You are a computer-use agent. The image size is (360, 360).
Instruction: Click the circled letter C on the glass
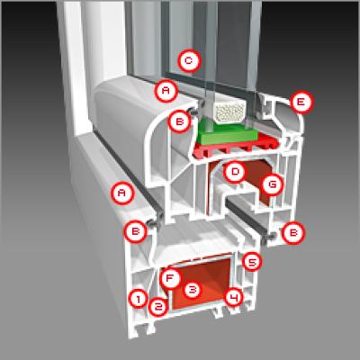188,61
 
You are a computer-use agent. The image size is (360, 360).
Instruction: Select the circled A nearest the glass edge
166,91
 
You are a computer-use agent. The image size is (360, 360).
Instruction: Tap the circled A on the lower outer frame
121,193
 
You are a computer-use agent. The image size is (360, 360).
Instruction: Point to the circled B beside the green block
179,121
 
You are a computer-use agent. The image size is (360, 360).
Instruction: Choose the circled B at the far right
293,233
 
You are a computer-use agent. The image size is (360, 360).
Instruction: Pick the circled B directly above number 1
136,231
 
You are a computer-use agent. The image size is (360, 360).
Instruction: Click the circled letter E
301,102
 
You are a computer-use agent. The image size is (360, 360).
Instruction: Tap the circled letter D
235,172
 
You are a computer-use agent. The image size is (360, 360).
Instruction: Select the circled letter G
272,184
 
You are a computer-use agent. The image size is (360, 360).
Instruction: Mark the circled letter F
170,278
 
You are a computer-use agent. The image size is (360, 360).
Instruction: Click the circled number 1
139,299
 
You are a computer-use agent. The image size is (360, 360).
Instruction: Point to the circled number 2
158,306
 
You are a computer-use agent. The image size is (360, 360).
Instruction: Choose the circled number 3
192,290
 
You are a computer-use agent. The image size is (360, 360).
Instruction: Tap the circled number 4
234,297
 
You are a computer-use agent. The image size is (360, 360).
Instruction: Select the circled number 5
251,262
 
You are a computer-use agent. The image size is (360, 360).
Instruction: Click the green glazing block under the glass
227,132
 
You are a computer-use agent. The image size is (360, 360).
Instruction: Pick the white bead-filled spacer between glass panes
229,111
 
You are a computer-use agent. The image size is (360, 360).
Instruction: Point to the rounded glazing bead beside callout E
283,117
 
